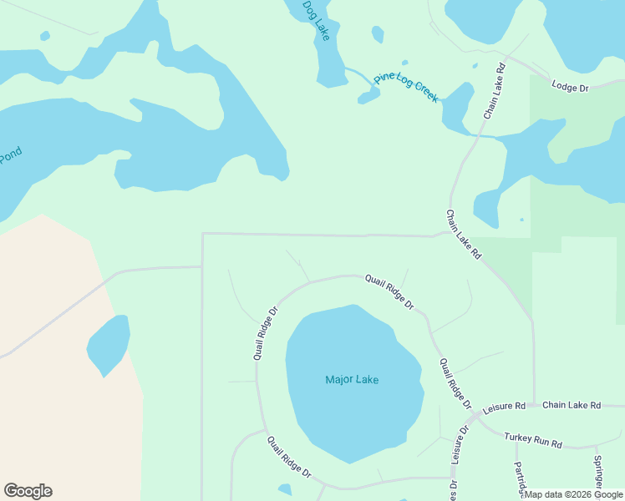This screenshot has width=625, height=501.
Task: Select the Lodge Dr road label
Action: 570,87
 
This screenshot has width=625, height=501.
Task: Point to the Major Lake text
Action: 352,380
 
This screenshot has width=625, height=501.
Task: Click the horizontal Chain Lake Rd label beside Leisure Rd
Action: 572,405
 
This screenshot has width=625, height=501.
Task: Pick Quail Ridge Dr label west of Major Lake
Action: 265,332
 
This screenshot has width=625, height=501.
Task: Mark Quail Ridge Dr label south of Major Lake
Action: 289,457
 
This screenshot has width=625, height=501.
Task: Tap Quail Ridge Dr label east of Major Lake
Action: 455,383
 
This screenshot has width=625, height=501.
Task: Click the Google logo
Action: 28,491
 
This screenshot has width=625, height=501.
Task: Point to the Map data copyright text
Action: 573,494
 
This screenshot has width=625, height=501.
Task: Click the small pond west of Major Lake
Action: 109,344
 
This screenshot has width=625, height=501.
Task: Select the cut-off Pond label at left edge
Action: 9,156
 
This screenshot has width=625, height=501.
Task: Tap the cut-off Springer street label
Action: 598,473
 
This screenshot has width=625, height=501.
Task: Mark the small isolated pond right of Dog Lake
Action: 378,34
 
